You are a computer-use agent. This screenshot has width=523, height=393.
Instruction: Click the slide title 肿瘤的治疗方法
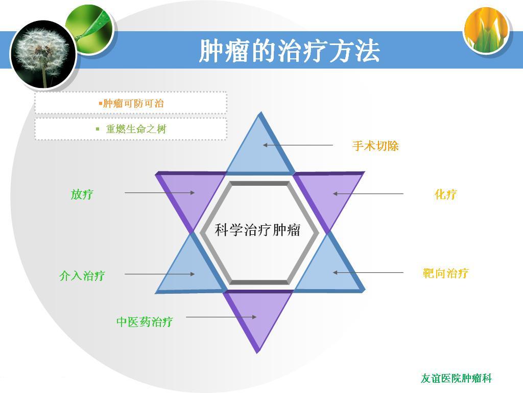tap(290, 51)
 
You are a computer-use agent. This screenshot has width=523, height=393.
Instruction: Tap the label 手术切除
tap(375, 146)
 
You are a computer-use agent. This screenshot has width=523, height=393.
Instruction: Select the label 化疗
tap(445, 194)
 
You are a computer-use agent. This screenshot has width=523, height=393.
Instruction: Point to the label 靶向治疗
tap(445, 273)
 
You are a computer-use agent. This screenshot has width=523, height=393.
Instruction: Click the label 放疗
tap(82, 194)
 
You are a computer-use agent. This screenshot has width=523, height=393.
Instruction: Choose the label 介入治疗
tap(82, 276)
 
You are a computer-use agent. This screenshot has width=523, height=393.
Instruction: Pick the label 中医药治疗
tap(145, 322)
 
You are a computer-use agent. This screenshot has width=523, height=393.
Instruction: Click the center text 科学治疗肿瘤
tap(257, 230)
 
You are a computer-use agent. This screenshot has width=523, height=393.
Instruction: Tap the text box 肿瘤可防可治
tap(131, 103)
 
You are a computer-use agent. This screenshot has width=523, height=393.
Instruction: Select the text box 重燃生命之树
tap(131, 128)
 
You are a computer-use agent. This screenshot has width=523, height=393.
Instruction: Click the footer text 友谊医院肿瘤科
tap(456, 378)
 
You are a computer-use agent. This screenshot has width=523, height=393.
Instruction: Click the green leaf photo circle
tap(89, 29)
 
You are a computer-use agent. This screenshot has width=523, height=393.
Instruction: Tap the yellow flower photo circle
tap(486, 29)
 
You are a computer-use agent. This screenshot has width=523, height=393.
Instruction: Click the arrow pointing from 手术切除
tap(298, 145)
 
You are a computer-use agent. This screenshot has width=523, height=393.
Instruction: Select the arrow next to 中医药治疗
tap(221, 317)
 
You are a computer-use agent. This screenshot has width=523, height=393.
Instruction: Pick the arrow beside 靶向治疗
tap(368, 273)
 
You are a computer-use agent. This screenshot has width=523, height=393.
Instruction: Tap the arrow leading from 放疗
tap(160, 192)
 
